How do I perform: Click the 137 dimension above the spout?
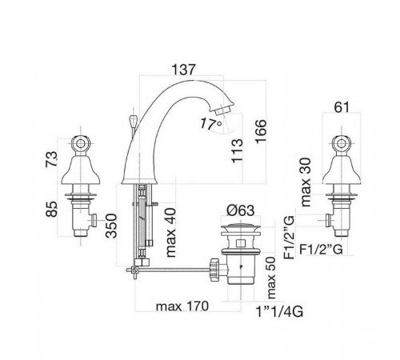pos(183,70)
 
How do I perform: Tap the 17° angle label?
pos(211,124)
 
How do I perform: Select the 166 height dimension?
pos(261,132)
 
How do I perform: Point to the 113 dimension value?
pos(237,151)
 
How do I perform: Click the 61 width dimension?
pos(342,107)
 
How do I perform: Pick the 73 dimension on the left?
pos(51,159)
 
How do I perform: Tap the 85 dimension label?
pos(51,209)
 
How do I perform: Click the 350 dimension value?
pos(111,226)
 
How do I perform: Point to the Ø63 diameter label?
pos(241,210)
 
